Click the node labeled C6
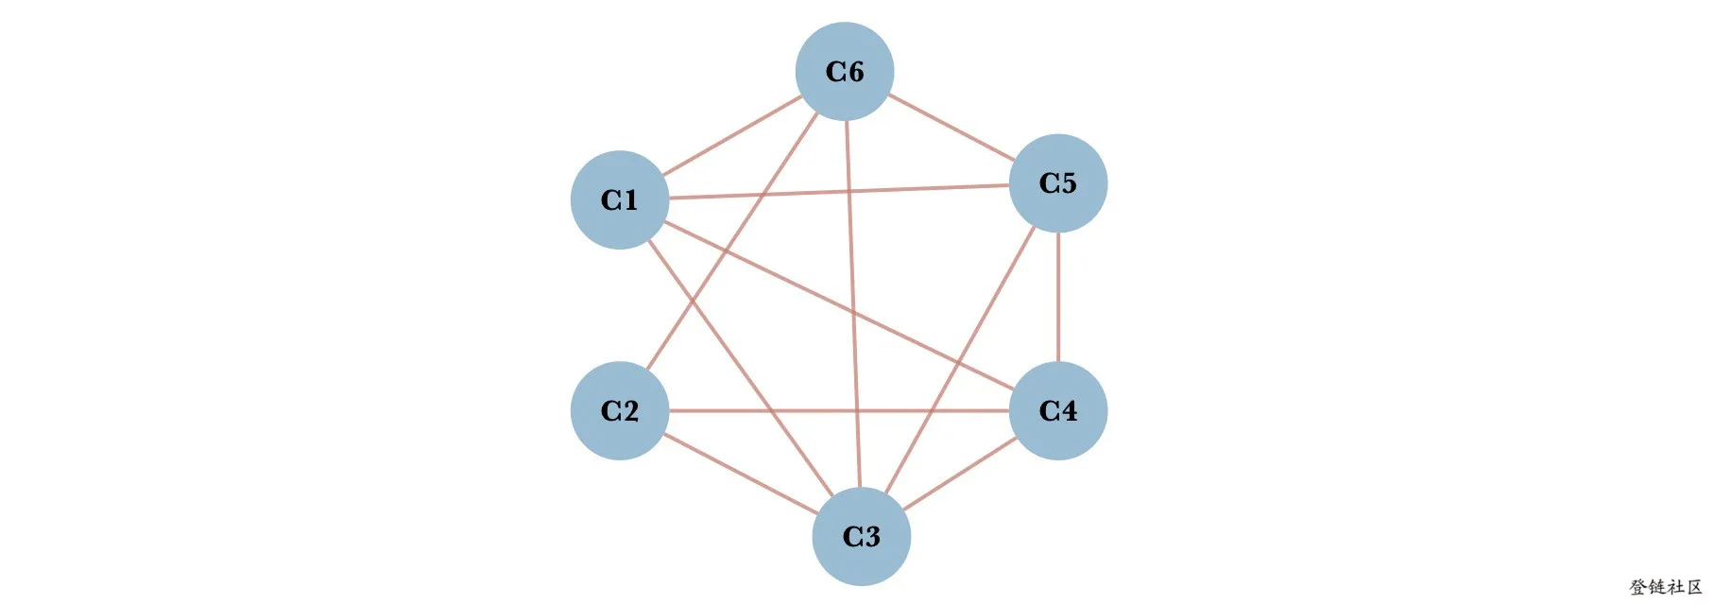click(845, 72)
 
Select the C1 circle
click(620, 199)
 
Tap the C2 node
click(620, 410)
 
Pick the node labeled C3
click(861, 536)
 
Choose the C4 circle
click(1058, 410)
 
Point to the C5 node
click(1058, 182)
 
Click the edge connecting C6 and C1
click(732, 136)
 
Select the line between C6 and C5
click(951, 128)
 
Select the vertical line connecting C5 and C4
click(1058, 297)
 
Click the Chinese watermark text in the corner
click(1665, 587)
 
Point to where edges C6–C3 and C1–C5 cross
click(848, 192)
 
